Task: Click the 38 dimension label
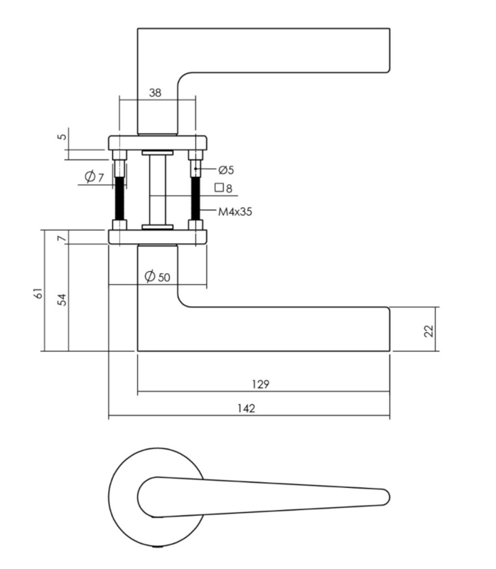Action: coord(155,93)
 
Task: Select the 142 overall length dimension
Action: coord(247,408)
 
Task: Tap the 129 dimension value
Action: coord(261,384)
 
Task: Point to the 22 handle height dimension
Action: coord(428,331)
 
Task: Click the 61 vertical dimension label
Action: coord(38,293)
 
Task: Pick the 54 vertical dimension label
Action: coord(63,299)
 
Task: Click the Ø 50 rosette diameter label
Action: coord(157,277)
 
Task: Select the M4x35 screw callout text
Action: coord(235,211)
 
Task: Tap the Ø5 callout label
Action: coord(226,170)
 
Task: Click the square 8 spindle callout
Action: coord(223,188)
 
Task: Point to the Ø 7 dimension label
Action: coord(95,176)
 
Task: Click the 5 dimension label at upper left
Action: coord(63,137)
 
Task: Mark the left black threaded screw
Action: coord(119,198)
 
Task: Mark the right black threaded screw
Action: coord(195,198)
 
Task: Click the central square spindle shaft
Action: coord(158,190)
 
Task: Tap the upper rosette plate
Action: coord(158,143)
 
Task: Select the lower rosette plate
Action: coord(158,237)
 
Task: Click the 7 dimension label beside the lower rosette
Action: coord(63,238)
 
